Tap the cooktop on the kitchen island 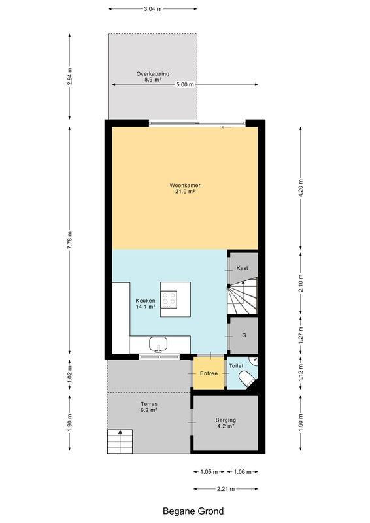tap(169, 299)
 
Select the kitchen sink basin tap(158, 344)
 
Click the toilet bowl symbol tap(247, 379)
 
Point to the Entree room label tap(209, 373)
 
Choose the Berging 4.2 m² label tap(226, 423)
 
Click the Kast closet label tap(243, 268)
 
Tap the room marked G tap(244, 335)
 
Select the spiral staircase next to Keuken tap(243, 297)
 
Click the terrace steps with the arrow tap(120, 442)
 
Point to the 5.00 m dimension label tap(185, 84)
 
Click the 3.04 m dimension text tap(152, 9)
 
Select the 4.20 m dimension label tap(301, 188)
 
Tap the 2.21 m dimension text tap(226, 489)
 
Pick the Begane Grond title tap(193, 511)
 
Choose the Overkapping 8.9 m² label tap(153, 76)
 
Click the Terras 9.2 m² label tap(149, 407)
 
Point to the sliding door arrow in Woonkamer tap(226, 127)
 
